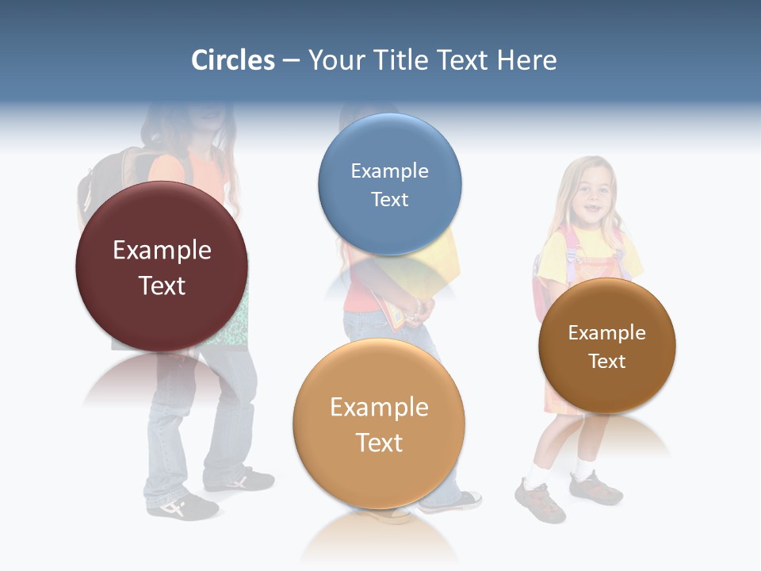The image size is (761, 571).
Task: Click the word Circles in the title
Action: [232, 60]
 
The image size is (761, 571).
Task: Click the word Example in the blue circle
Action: [389, 171]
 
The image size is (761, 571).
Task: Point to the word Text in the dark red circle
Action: [162, 285]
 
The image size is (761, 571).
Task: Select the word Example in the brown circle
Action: [607, 332]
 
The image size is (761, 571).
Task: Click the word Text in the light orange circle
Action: [379, 443]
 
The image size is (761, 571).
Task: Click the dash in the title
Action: [291, 60]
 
